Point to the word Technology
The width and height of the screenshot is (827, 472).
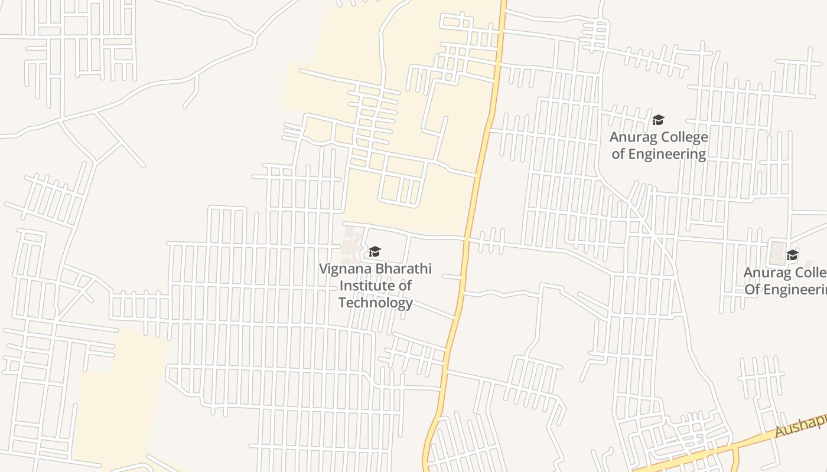click(x=375, y=303)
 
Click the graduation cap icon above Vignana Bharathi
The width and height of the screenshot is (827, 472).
click(x=375, y=252)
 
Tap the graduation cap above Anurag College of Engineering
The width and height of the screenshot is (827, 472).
click(x=658, y=120)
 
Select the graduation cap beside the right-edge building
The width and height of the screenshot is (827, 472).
click(x=792, y=255)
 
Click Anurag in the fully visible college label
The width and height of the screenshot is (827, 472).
click(x=633, y=137)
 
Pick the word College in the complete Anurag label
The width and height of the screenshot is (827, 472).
click(x=683, y=137)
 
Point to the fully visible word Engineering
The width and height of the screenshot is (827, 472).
click(x=667, y=155)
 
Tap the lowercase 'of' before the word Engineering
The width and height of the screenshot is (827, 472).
click(x=618, y=155)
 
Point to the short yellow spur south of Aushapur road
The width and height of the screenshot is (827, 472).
click(x=736, y=460)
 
